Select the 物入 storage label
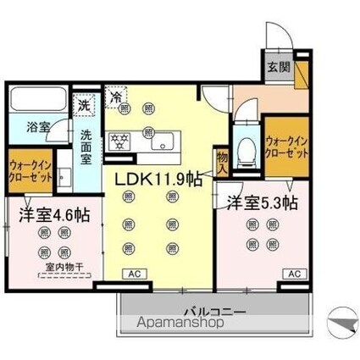[223, 162]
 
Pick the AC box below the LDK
[134, 274]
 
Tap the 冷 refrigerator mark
[116, 97]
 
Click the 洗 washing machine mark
[84, 105]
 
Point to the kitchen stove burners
[120, 140]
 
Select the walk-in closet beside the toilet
[285, 147]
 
